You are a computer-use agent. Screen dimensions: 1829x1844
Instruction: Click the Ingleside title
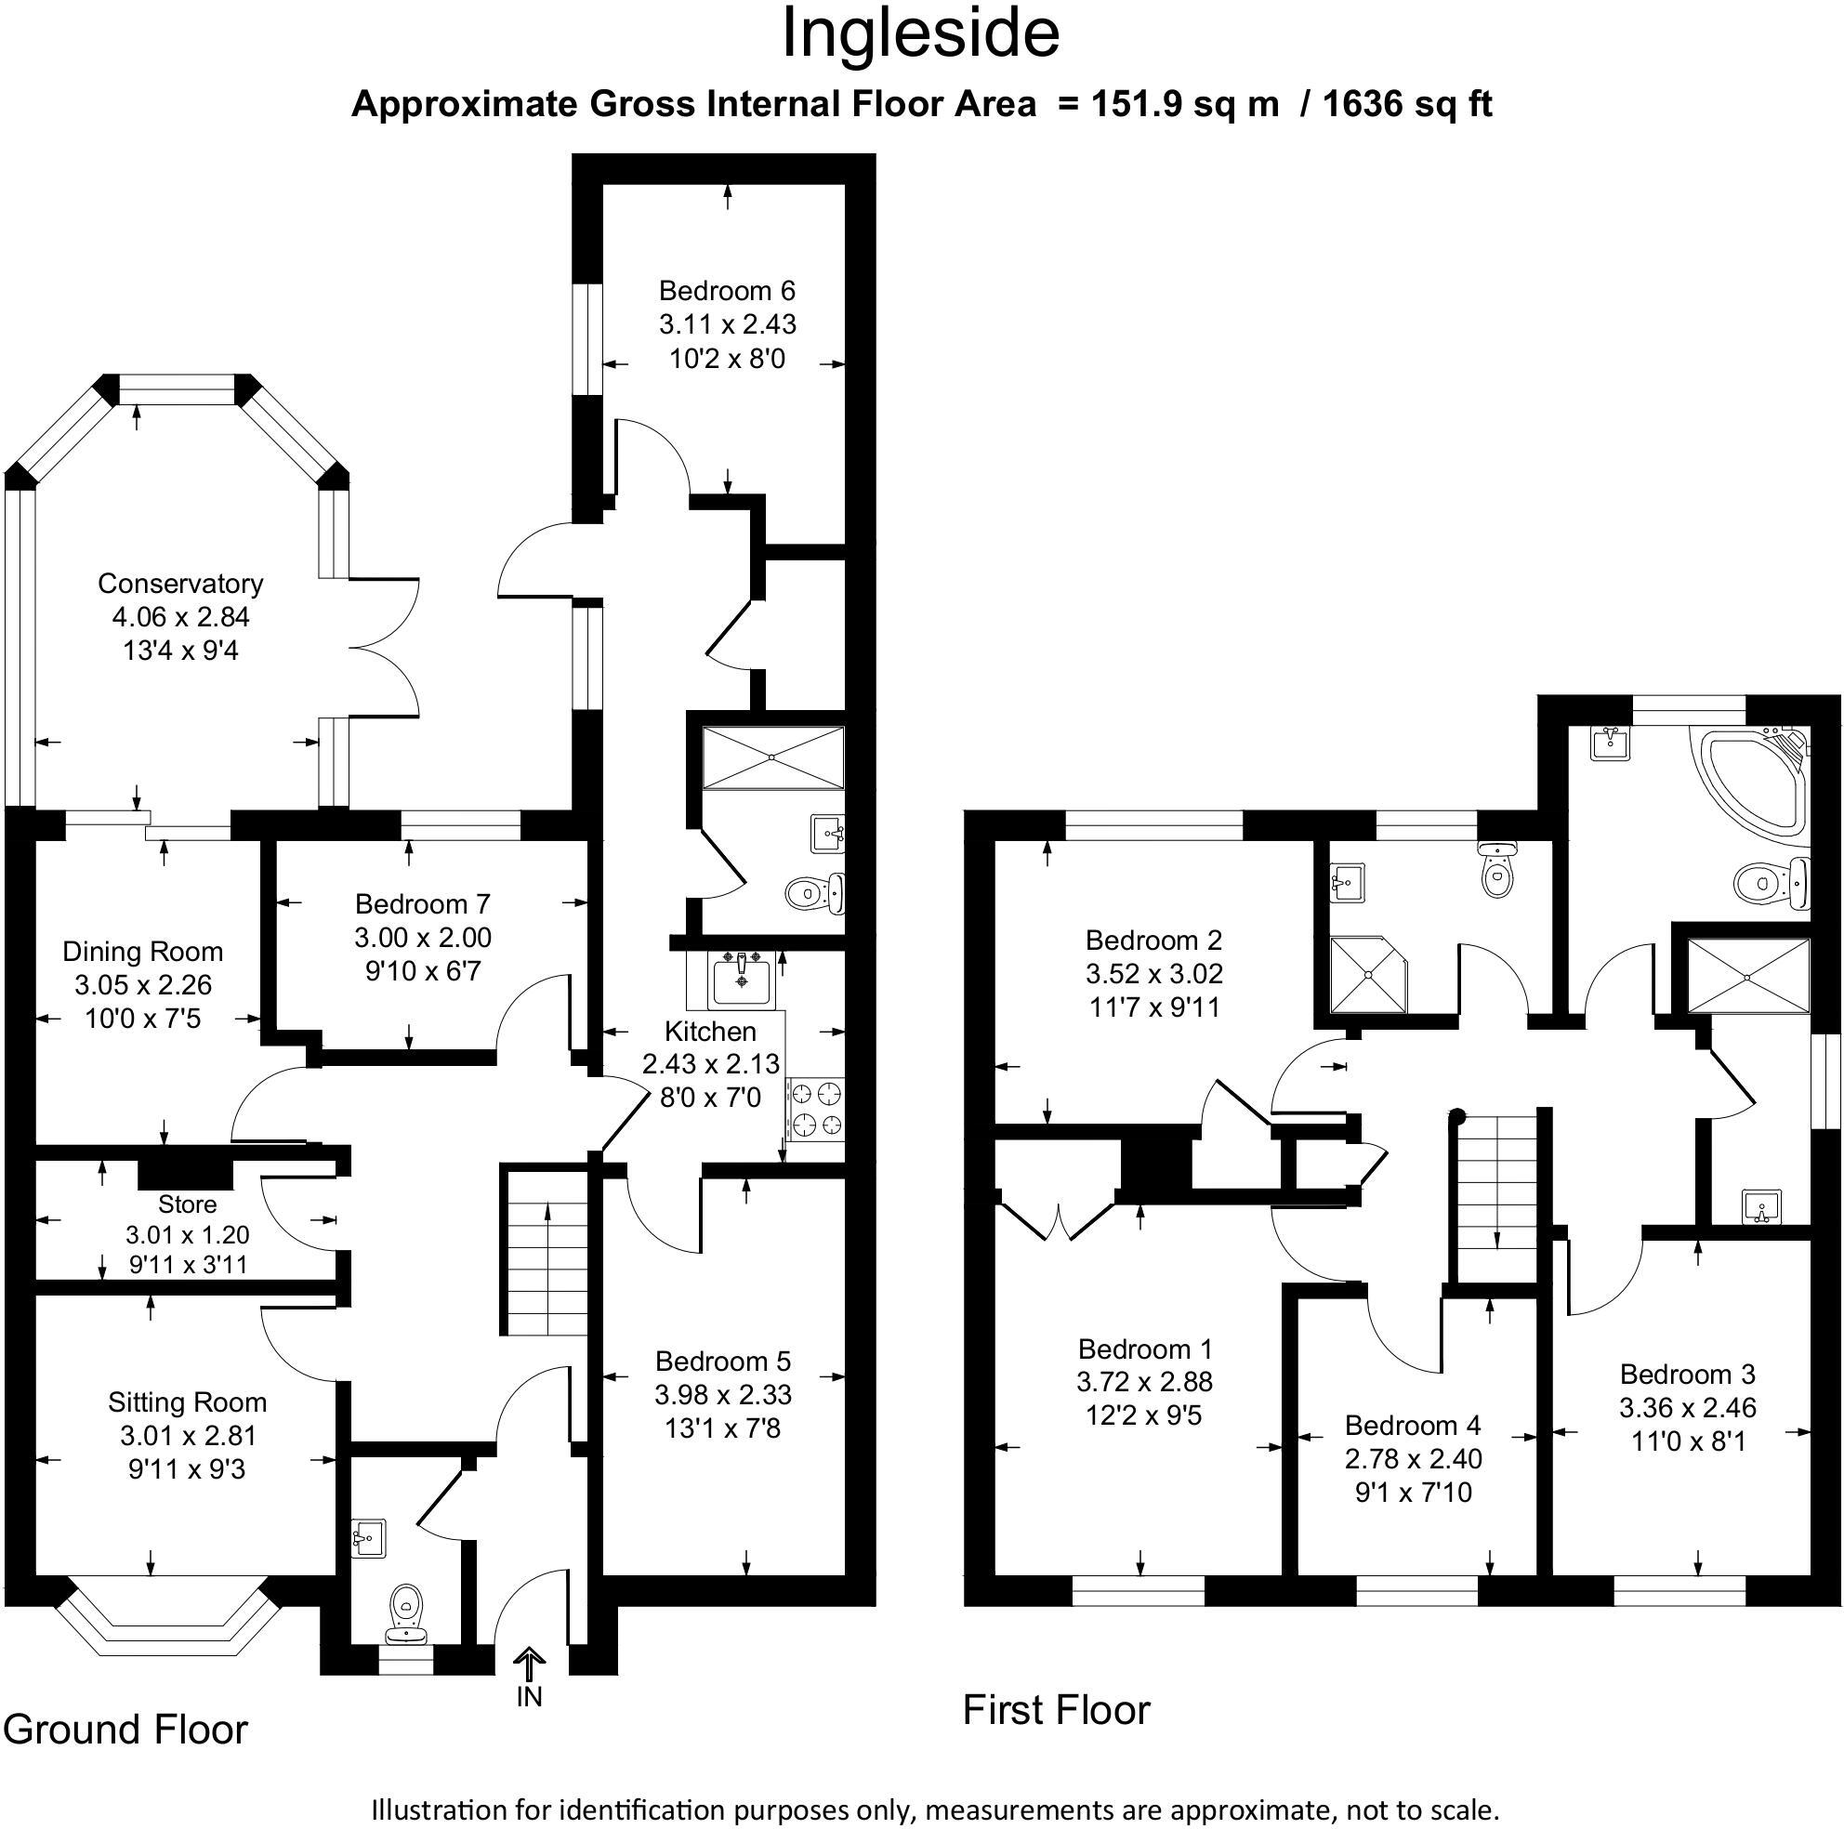click(920, 34)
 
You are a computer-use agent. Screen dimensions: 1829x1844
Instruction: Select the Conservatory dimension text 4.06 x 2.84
click(180, 617)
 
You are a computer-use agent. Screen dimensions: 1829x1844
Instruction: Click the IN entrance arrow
click(528, 1665)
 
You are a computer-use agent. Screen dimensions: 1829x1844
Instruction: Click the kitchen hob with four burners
click(816, 1110)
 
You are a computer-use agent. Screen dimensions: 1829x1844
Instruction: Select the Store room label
click(187, 1204)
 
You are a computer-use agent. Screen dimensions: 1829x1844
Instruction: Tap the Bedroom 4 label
click(1413, 1427)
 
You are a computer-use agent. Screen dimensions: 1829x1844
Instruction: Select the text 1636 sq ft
click(1407, 103)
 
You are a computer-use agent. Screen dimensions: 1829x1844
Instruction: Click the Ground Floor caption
click(125, 1729)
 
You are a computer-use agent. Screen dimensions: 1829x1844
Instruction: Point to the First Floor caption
click(1056, 1710)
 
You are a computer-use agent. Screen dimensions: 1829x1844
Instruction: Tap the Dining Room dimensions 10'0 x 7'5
click(143, 1019)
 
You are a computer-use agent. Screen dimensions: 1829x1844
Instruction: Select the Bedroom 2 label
click(1153, 941)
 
